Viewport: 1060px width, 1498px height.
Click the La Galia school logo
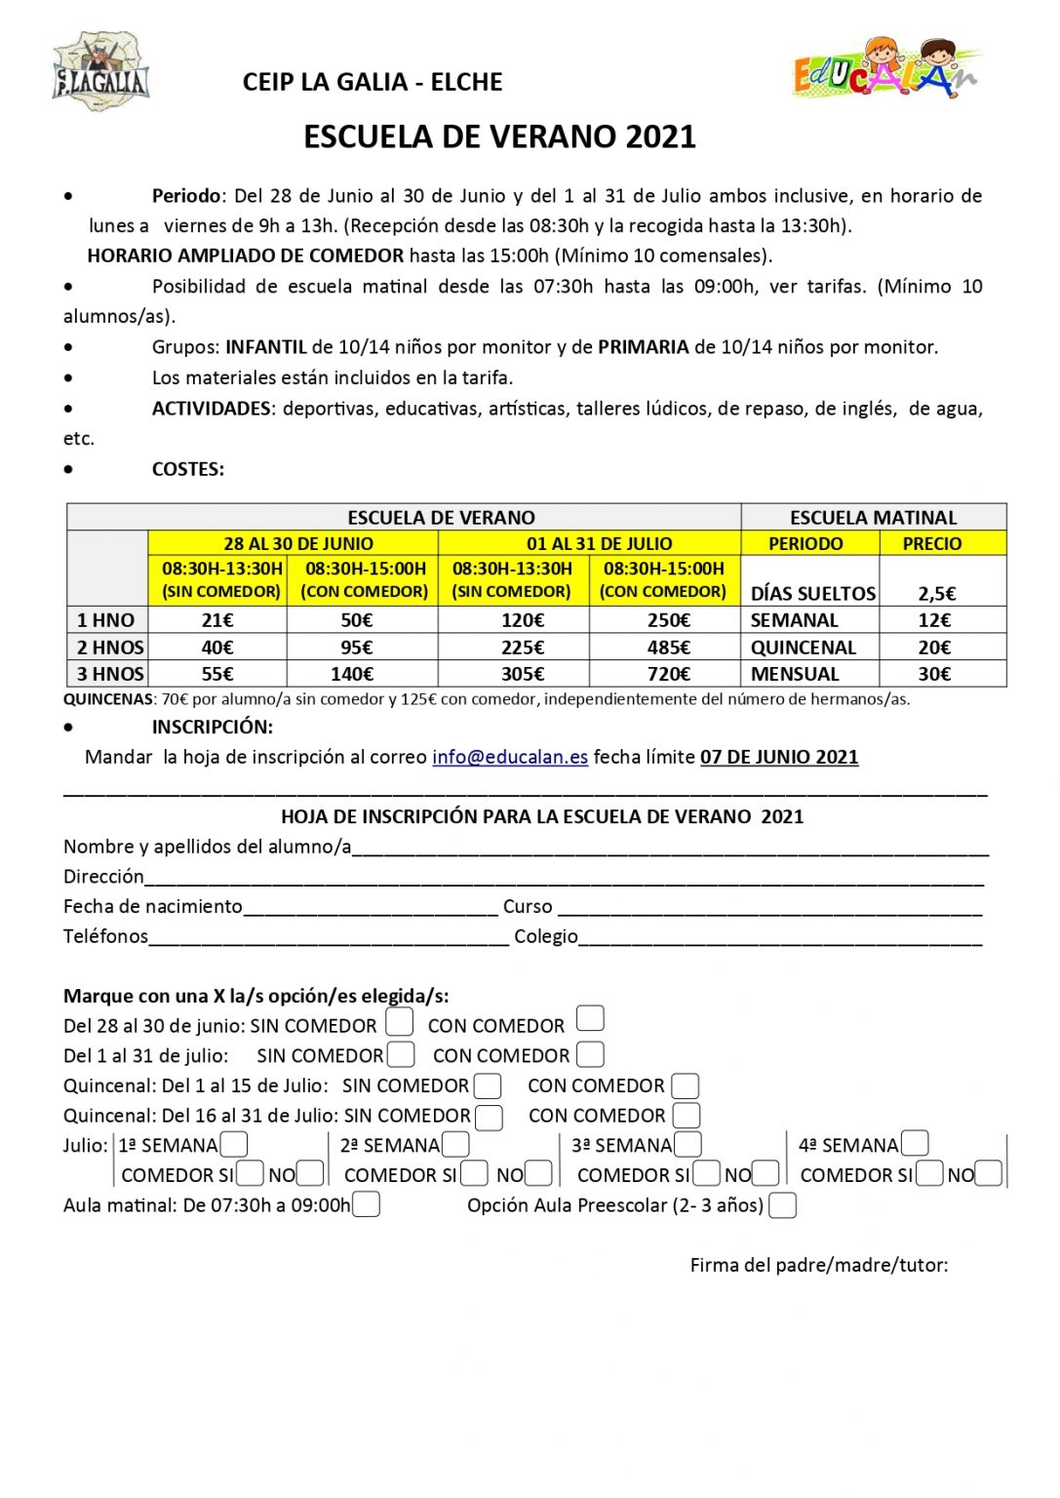tap(99, 71)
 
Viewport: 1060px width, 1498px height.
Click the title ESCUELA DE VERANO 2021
tap(499, 137)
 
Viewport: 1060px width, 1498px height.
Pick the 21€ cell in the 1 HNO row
tap(217, 620)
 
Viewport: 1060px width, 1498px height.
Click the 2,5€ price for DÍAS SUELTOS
tap(937, 593)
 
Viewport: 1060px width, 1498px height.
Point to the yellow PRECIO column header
tap(932, 543)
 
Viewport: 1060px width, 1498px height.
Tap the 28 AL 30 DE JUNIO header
tap(298, 543)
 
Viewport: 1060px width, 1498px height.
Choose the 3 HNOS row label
tap(109, 674)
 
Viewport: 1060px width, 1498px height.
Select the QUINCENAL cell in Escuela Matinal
tap(804, 648)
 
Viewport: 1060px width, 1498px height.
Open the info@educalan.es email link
tap(510, 757)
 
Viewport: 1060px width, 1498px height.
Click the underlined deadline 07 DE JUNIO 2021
tap(779, 757)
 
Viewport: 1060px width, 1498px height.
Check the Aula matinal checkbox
tap(366, 1204)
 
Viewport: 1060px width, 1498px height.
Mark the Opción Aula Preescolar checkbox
tap(782, 1205)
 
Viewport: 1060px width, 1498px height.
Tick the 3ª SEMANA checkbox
tap(687, 1144)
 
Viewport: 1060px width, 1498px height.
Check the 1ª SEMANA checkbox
tap(234, 1144)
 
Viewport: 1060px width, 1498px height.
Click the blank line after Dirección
tap(564, 877)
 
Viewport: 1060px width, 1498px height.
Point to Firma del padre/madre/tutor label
tap(819, 1265)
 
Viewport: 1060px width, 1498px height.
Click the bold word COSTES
tap(187, 469)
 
